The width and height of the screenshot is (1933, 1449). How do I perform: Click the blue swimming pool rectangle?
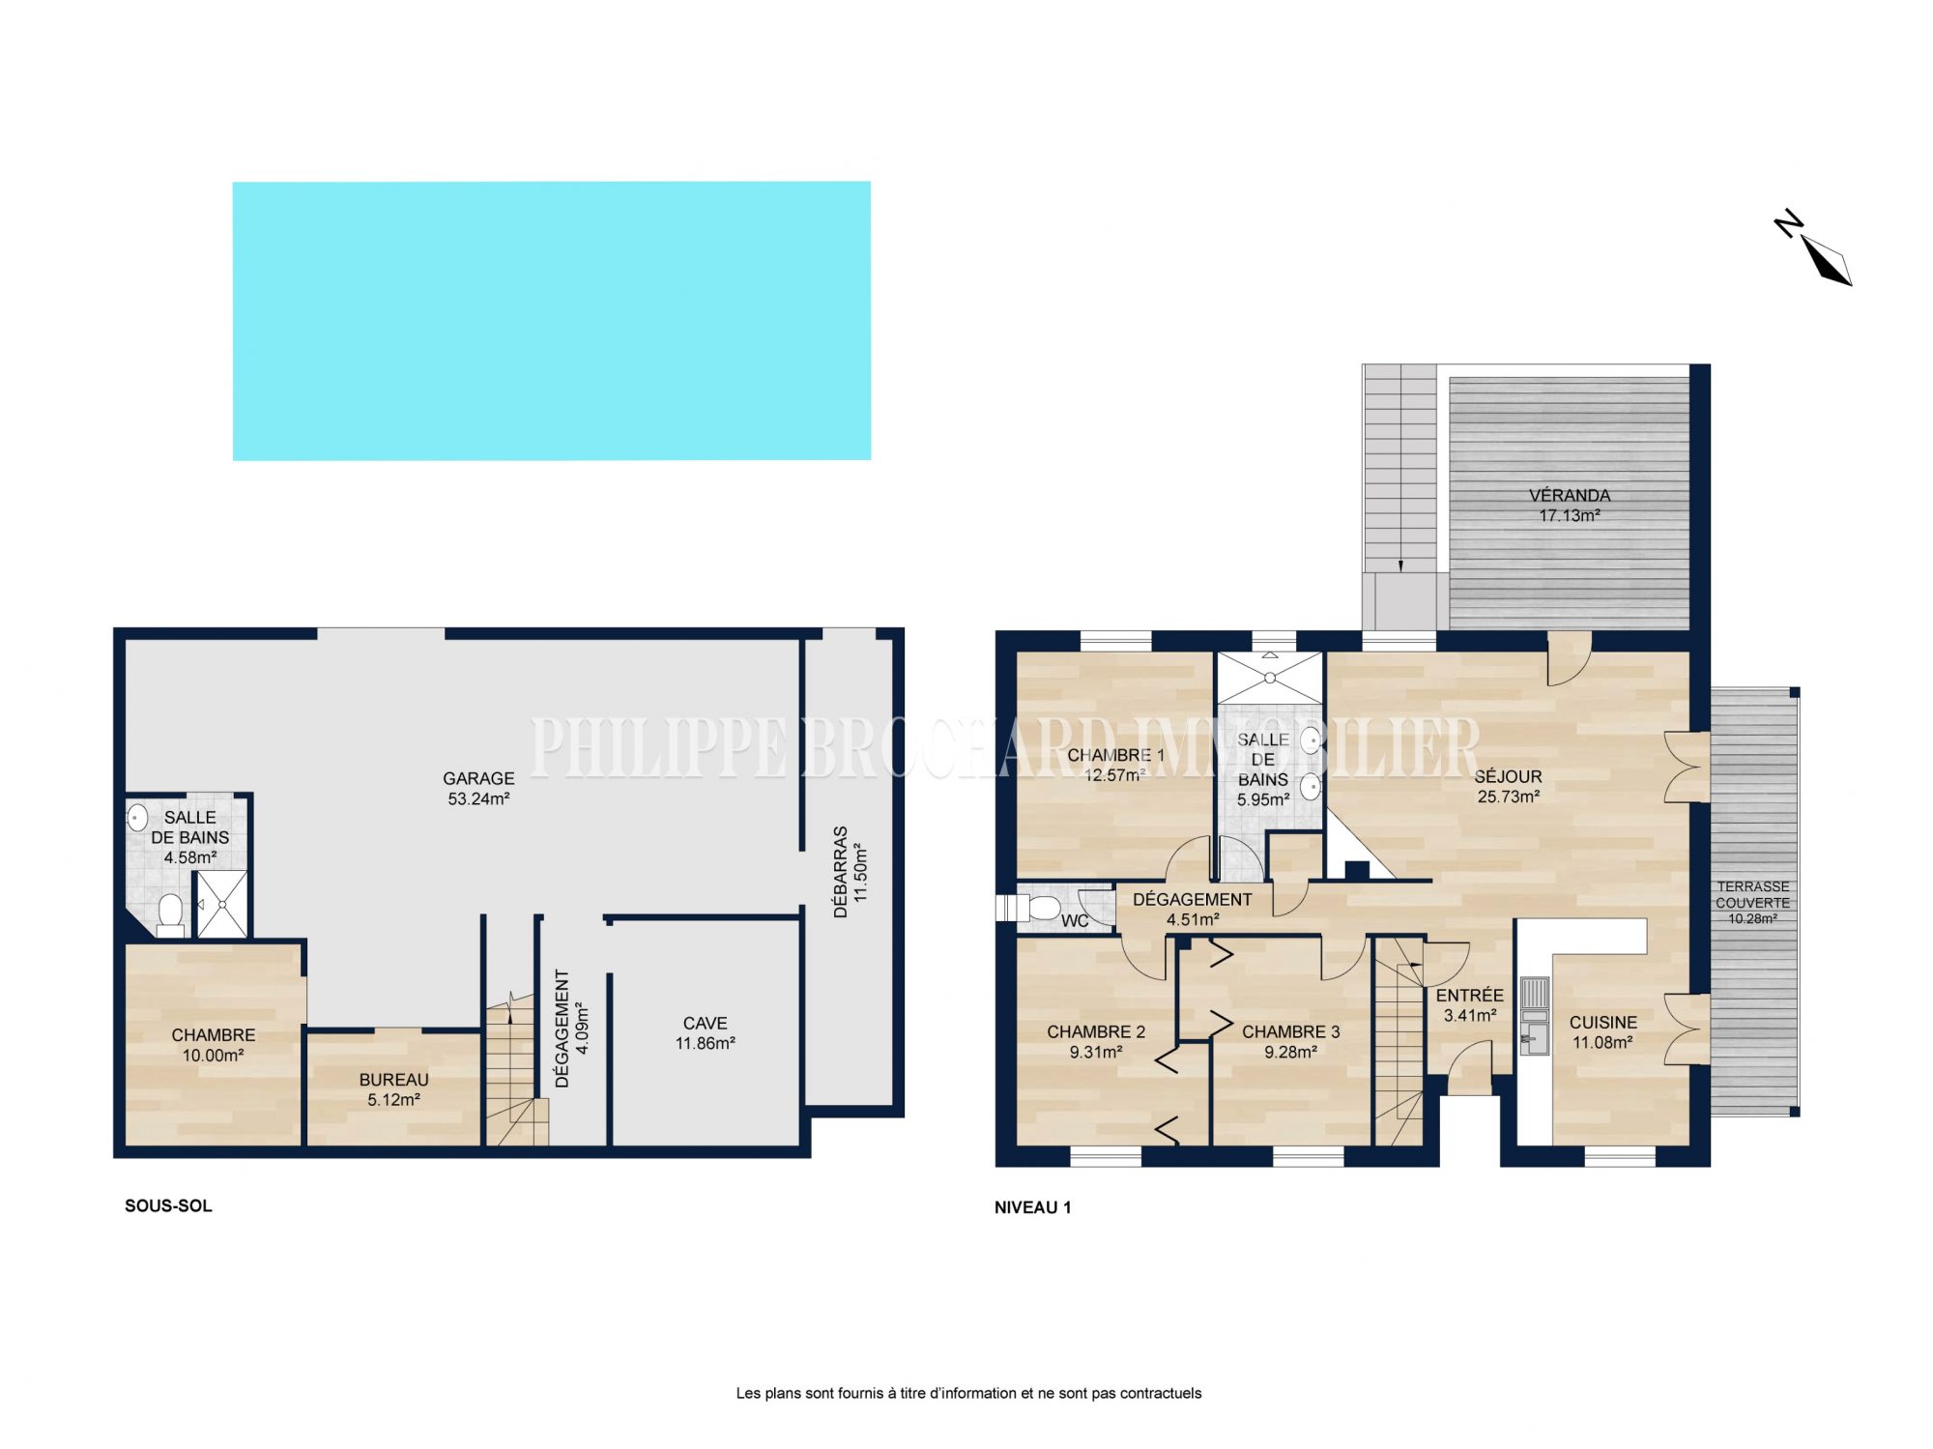click(x=552, y=321)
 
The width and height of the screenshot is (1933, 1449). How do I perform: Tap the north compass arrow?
click(x=1826, y=260)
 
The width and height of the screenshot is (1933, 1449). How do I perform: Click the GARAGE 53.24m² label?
click(x=478, y=788)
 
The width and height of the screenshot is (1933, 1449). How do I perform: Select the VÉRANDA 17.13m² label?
click(x=1570, y=506)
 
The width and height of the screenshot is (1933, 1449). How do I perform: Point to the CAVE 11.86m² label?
click(x=706, y=1032)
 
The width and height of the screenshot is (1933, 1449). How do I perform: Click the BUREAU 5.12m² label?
click(x=393, y=1089)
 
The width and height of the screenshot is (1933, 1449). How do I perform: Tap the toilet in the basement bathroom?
click(x=171, y=913)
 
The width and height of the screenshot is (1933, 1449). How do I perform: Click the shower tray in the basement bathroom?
click(x=222, y=904)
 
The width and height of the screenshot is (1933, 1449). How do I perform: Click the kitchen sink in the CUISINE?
click(x=1534, y=1016)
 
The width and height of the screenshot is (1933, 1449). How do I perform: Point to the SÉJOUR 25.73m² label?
click(x=1508, y=786)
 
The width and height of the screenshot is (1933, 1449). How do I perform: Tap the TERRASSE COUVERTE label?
click(x=1753, y=894)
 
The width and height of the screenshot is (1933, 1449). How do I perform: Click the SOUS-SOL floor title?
click(x=168, y=1205)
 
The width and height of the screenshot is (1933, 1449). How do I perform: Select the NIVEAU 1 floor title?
click(x=1033, y=1207)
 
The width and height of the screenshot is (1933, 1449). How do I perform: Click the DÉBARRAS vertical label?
click(x=841, y=871)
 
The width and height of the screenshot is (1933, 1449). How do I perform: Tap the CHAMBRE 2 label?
click(x=1096, y=1031)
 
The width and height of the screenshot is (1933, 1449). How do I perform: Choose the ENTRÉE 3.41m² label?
click(x=1470, y=1005)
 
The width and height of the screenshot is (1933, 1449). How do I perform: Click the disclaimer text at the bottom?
click(x=968, y=1393)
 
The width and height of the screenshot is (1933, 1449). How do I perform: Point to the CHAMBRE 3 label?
click(x=1291, y=1031)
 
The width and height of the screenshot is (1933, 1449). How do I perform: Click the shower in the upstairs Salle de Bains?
click(x=1270, y=678)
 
